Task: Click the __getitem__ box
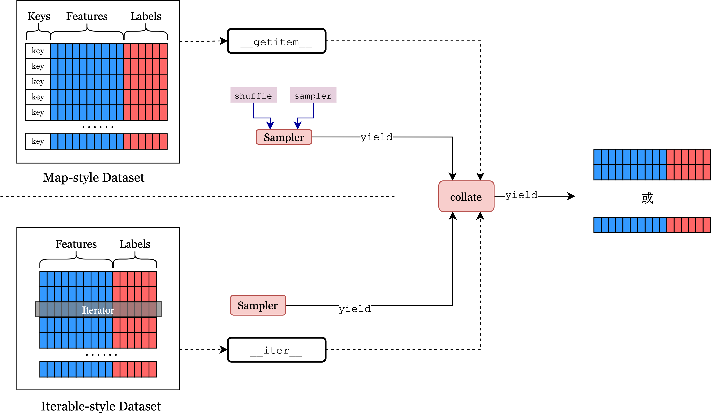tap(276, 41)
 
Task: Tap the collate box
tap(466, 196)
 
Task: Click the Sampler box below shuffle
tap(284, 137)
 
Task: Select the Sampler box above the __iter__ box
tap(258, 305)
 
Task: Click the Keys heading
tap(39, 16)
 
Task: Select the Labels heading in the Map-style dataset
tap(146, 16)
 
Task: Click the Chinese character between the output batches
tap(648, 198)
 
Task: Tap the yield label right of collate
tap(521, 195)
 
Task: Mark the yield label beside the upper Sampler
tap(377, 137)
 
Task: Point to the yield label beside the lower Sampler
tap(355, 309)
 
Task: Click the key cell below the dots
tap(38, 141)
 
